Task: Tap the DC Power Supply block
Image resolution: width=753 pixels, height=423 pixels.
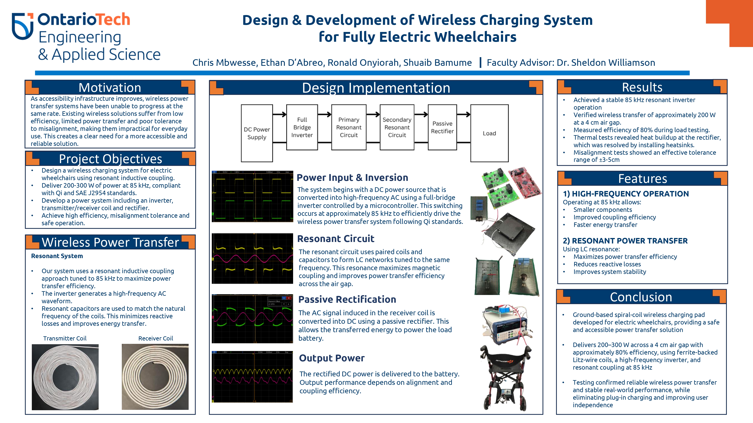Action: [x=257, y=133]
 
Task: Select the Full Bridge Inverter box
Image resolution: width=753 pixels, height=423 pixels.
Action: [x=302, y=127]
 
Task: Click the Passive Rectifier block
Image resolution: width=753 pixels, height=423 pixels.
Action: [x=442, y=127]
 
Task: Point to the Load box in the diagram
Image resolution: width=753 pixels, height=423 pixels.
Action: [x=489, y=133]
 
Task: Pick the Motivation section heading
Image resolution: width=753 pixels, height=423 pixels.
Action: [x=110, y=88]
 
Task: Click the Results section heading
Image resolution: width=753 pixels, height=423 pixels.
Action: [x=642, y=87]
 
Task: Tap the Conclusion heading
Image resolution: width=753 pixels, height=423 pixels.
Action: [x=641, y=297]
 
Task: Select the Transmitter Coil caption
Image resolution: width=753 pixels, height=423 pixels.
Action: [x=65, y=338]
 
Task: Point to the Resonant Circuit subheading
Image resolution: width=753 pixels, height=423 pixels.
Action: [x=336, y=239]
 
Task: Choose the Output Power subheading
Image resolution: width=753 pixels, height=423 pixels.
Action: [x=332, y=358]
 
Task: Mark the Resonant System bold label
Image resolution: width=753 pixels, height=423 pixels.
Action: [x=57, y=256]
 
